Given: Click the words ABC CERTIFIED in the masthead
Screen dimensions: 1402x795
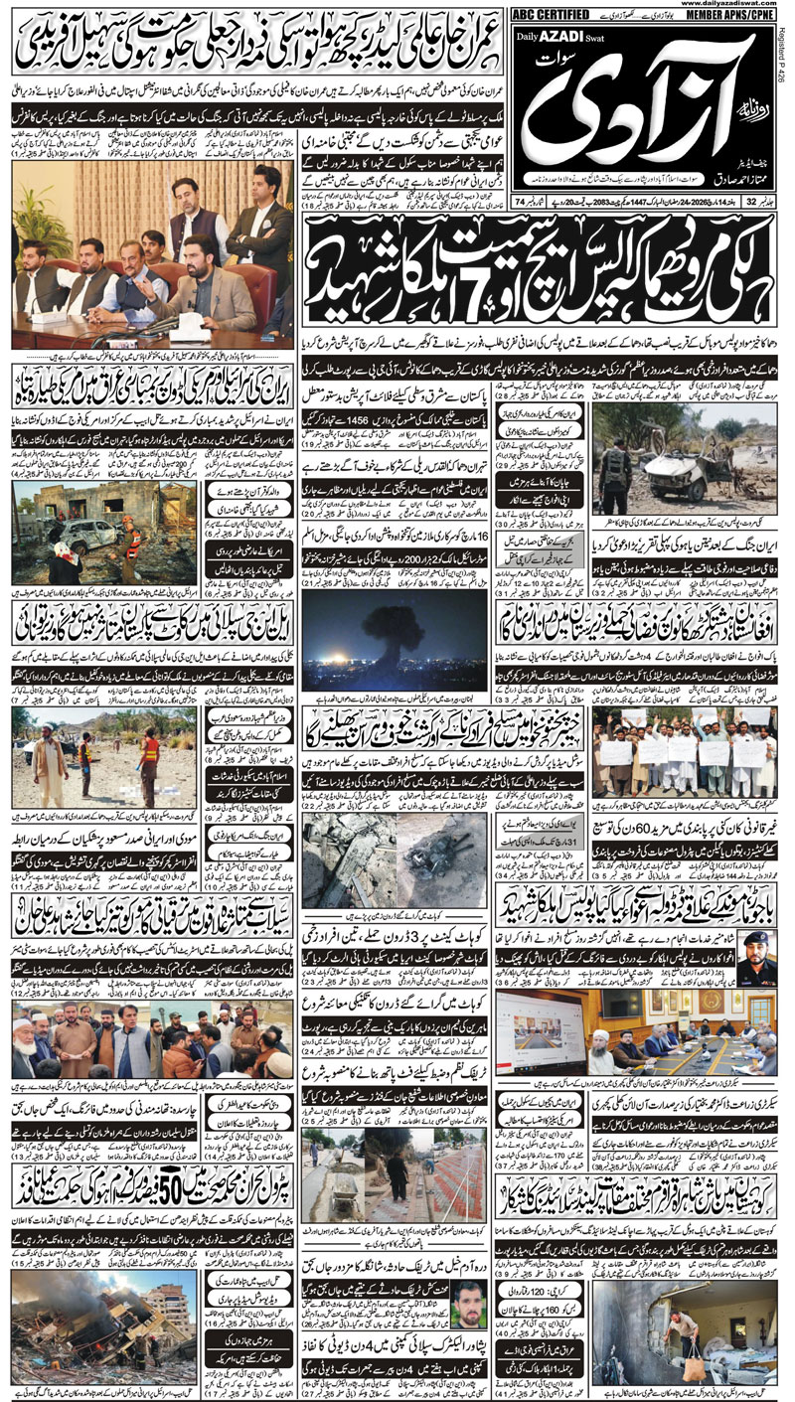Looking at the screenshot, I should tap(547, 15).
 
